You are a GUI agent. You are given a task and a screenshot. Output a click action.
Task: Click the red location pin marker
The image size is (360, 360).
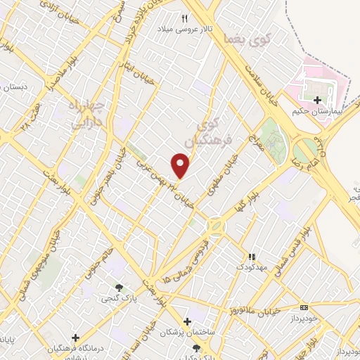click(x=181, y=166)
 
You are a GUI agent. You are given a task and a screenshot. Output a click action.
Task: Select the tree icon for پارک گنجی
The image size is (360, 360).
click(x=119, y=287)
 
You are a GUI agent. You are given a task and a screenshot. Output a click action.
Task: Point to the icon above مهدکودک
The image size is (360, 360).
click(x=252, y=256)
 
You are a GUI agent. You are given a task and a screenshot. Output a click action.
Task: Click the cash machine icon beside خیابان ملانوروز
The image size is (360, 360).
click(x=303, y=307)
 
